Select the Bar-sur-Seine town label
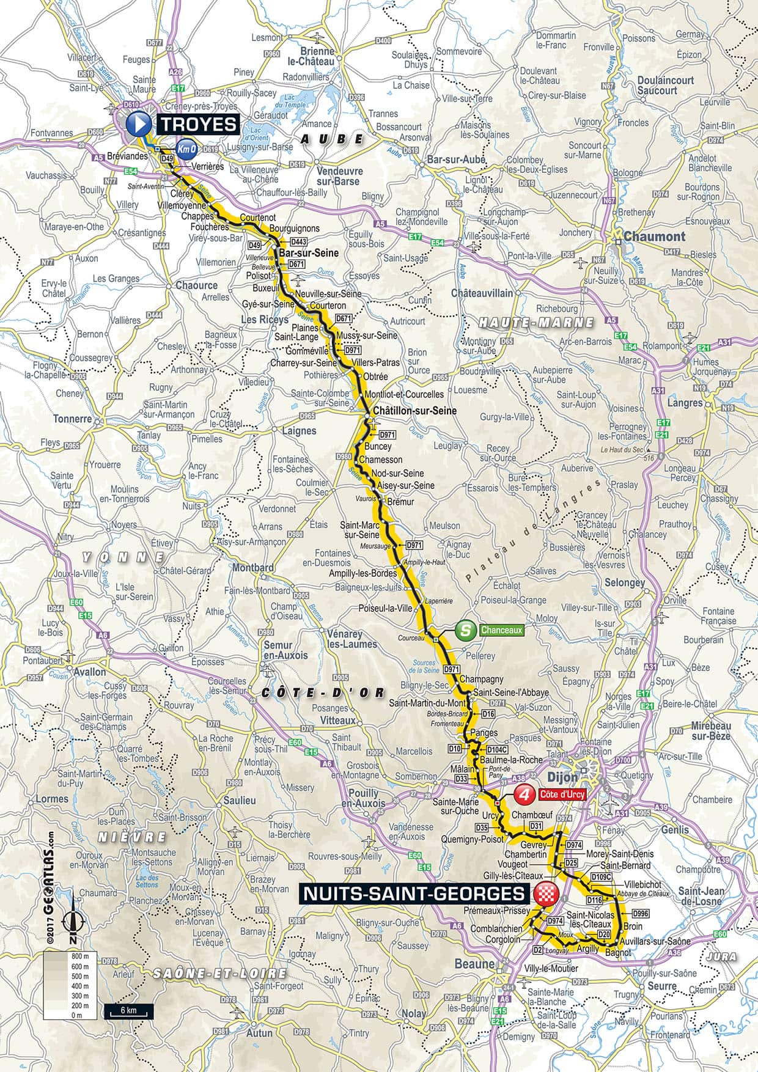pyautogui.click(x=301, y=252)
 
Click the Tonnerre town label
pyautogui.click(x=72, y=419)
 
